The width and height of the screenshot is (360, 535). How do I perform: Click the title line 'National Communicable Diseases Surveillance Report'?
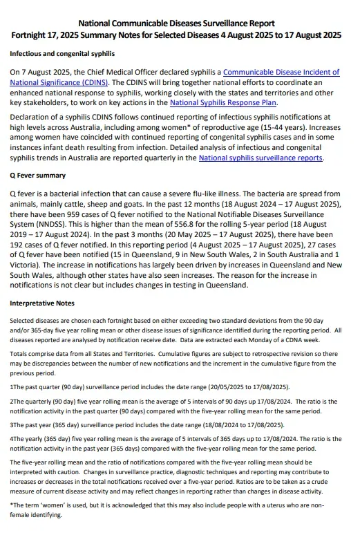click(180, 24)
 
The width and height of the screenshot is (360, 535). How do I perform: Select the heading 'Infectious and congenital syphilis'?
click(62, 53)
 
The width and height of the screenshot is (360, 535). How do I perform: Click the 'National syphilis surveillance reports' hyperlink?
click(260, 158)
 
